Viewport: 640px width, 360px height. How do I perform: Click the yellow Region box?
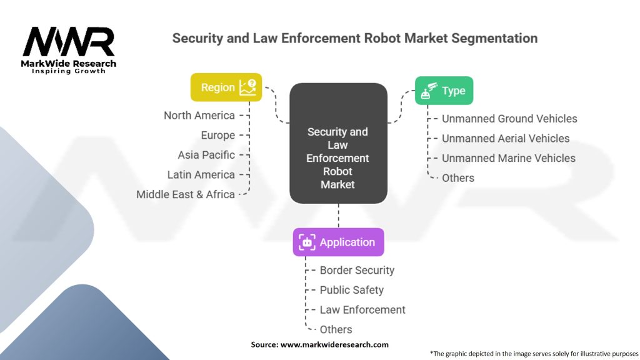(226, 87)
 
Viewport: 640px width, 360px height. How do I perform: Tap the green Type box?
(444, 91)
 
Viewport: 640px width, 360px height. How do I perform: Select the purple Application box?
(338, 242)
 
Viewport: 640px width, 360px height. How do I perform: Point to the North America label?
(199, 116)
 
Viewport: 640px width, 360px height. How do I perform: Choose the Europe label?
(218, 135)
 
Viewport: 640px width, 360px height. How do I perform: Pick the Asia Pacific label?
(206, 155)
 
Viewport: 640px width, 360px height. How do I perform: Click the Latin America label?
(201, 174)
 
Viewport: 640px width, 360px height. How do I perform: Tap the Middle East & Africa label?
(186, 194)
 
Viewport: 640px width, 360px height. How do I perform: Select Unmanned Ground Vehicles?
(509, 119)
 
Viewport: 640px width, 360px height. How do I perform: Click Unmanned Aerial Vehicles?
(506, 138)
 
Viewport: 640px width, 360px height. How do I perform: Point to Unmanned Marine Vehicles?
(509, 158)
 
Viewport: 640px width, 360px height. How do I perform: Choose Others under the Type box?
(458, 178)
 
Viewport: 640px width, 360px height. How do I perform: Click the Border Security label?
(357, 270)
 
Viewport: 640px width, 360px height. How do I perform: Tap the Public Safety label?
(352, 290)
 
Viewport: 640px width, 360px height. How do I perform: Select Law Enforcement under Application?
(362, 310)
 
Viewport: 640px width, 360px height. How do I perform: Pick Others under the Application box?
(336, 329)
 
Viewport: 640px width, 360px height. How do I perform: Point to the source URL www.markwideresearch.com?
(335, 344)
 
